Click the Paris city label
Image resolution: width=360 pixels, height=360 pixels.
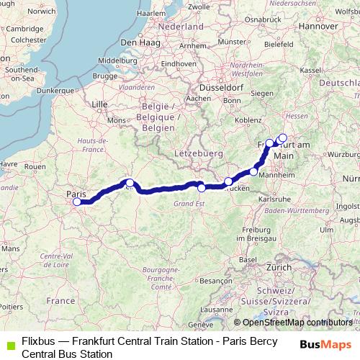coord(76,194)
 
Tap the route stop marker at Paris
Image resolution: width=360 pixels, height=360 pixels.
coord(77,202)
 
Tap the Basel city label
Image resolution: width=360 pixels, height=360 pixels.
coord(248,259)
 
